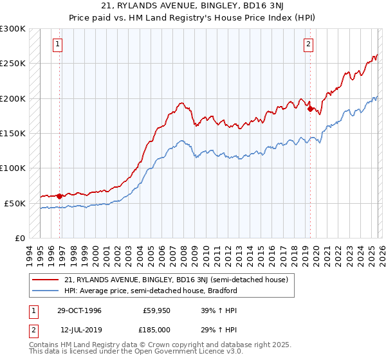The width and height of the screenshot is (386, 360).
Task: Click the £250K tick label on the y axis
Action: tap(13, 64)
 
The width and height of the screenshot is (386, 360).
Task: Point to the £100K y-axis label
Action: tap(13, 168)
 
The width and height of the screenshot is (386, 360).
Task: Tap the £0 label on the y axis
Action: tap(19, 238)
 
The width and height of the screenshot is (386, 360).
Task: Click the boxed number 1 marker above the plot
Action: tap(58, 44)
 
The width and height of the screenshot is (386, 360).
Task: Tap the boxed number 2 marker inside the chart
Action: tap(309, 44)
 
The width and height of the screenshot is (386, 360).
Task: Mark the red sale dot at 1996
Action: tap(60, 196)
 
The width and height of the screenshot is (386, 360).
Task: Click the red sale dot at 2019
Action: tap(311, 109)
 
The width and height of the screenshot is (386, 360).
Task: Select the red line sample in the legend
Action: tap(46, 280)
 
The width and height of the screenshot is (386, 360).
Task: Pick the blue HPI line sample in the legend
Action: tap(46, 291)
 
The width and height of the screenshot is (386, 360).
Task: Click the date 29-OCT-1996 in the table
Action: tap(78, 310)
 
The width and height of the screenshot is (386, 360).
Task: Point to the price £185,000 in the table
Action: tap(157, 330)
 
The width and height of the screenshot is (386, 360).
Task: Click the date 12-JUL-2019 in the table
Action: tap(78, 330)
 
